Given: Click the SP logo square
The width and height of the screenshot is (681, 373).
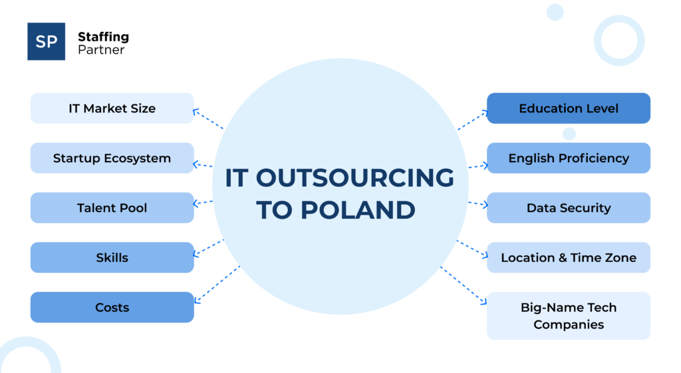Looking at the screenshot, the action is [x=46, y=41].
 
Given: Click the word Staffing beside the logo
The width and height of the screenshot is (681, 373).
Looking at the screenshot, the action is [x=103, y=37].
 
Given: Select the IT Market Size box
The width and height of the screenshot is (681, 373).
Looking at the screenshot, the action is [x=112, y=108].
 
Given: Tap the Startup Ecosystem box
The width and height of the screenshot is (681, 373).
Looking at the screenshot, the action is [x=112, y=158].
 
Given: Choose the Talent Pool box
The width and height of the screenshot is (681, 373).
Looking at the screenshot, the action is [x=112, y=208].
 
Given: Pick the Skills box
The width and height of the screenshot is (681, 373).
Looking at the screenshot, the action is [x=112, y=257].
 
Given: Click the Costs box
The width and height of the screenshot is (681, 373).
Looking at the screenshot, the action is [x=112, y=307].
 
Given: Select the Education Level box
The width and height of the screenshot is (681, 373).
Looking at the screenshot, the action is [x=569, y=108].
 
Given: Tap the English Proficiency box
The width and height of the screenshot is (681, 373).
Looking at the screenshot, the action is [x=569, y=158].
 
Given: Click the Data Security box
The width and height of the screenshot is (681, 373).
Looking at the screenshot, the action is [x=569, y=208].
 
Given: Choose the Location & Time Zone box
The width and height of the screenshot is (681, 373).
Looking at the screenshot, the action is [x=569, y=257].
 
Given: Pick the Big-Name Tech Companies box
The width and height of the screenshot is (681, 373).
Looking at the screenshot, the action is [x=569, y=316].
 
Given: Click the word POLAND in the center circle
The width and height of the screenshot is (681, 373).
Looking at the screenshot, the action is [x=356, y=209].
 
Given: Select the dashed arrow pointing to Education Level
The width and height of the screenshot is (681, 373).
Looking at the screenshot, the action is [x=473, y=120].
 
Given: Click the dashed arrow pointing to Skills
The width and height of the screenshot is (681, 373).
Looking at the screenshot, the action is [x=208, y=247].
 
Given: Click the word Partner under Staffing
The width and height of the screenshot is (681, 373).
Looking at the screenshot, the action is [x=101, y=50].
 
